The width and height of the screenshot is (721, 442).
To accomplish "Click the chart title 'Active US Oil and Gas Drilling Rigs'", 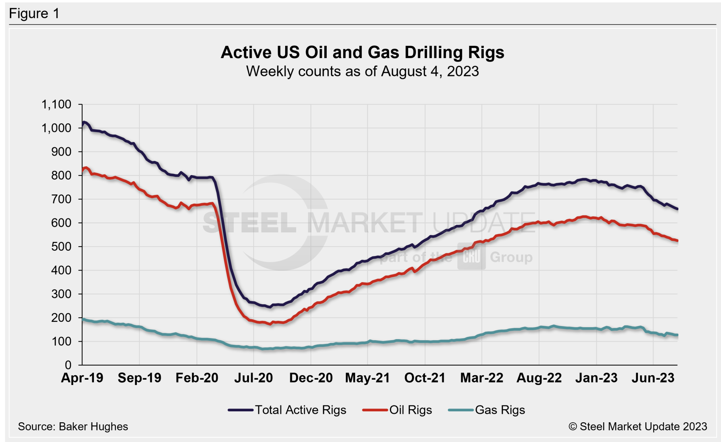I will pyautogui.click(x=362, y=52).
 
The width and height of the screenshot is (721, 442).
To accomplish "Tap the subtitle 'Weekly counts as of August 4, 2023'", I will pyautogui.click(x=362, y=71).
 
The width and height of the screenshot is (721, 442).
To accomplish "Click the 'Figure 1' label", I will pyautogui.click(x=34, y=14).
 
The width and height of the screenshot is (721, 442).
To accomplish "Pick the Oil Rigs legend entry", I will pyautogui.click(x=398, y=410).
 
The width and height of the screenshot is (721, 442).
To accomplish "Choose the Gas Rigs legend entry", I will pyautogui.click(x=487, y=410).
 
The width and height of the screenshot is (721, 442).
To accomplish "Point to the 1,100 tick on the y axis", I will pyautogui.click(x=56, y=104).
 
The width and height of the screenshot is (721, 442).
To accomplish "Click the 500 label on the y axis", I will pyautogui.click(x=61, y=247).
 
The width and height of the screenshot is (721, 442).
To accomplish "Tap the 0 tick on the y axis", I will pyautogui.click(x=68, y=365).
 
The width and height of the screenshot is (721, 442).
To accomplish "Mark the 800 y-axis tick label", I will pyautogui.click(x=61, y=175).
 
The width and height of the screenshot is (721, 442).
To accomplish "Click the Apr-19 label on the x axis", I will pyautogui.click(x=82, y=378).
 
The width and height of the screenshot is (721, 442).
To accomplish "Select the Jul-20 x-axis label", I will pyautogui.click(x=253, y=378).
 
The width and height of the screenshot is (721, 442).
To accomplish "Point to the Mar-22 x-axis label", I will pyautogui.click(x=482, y=378).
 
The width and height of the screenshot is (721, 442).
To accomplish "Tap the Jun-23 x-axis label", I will pyautogui.click(x=653, y=378).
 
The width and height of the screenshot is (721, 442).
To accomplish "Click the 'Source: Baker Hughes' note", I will pyautogui.click(x=73, y=427).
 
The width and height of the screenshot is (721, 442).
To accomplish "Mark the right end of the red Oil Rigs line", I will pyautogui.click(x=677, y=241).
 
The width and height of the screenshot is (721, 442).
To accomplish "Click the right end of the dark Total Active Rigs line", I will pyautogui.click(x=677, y=209).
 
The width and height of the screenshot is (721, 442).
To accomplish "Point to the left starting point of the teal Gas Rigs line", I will pyautogui.click(x=83, y=319).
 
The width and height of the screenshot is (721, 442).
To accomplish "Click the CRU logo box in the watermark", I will pyautogui.click(x=471, y=257).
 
